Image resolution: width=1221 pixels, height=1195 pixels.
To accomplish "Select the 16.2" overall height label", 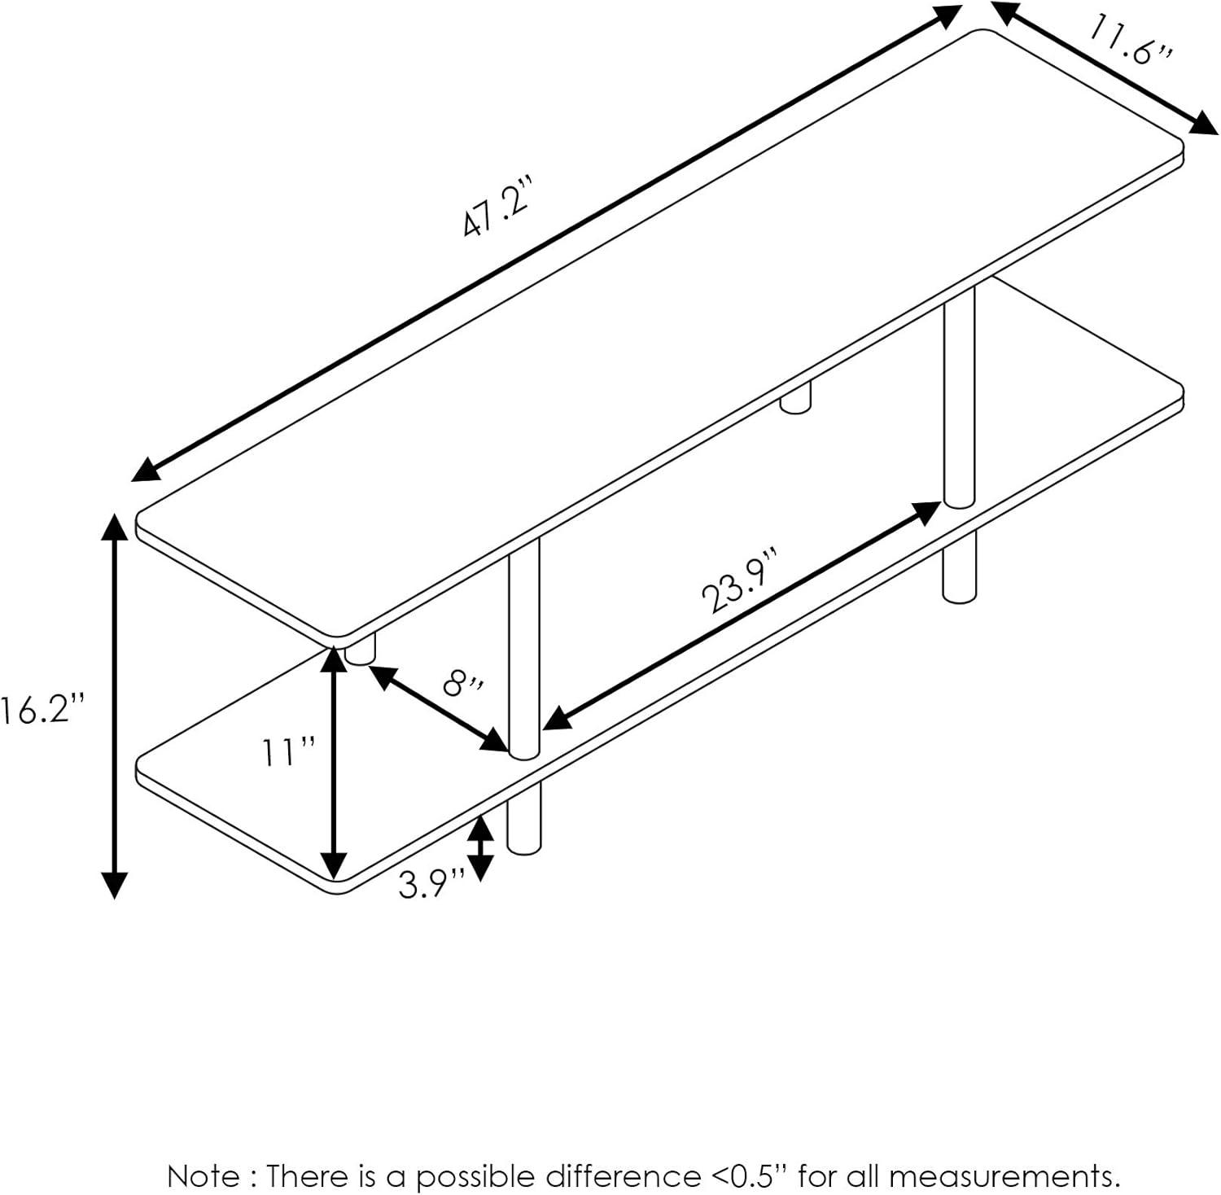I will tap(42, 711).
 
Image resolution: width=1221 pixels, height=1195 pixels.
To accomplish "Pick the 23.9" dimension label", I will tap(742, 580).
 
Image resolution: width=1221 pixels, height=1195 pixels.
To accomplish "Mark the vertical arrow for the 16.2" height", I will tap(115, 706).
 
